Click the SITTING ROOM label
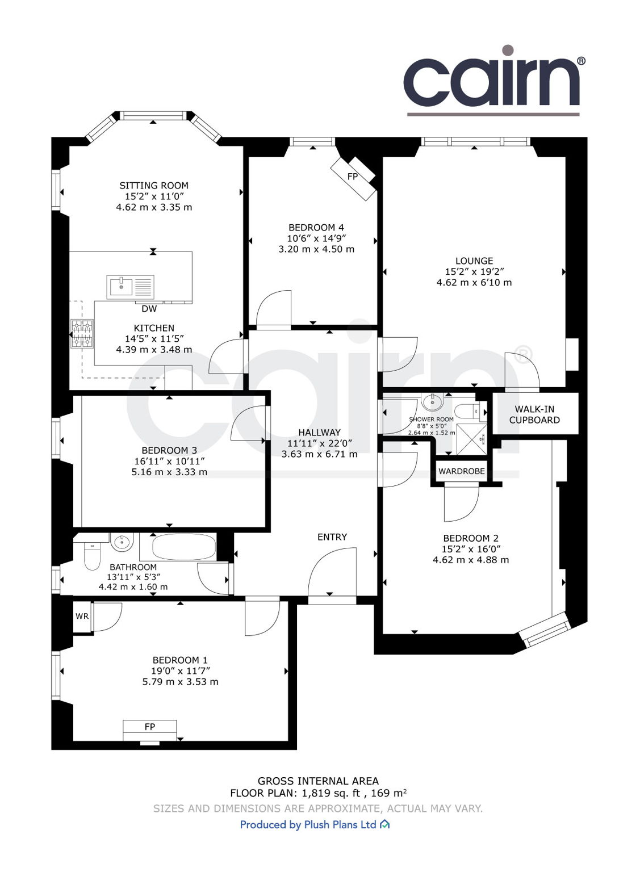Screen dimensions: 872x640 [x=153, y=186]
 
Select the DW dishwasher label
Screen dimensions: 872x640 [x=149, y=309]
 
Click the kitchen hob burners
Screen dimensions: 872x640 [x=82, y=333]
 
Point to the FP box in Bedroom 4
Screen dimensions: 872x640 [x=353, y=177]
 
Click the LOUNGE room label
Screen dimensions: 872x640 [x=474, y=261]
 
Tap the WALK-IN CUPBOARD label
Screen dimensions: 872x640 [x=534, y=414]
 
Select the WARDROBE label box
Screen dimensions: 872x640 [x=461, y=471]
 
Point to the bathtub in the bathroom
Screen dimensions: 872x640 [x=177, y=547]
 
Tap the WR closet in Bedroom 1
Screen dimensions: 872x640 [x=82, y=617]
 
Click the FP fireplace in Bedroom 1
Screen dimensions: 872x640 [x=150, y=727]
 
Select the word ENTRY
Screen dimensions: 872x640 [x=332, y=537]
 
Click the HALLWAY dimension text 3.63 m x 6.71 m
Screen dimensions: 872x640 [x=319, y=454]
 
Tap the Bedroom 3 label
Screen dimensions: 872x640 [x=169, y=450]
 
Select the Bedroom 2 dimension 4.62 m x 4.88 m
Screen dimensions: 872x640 [x=471, y=560]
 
